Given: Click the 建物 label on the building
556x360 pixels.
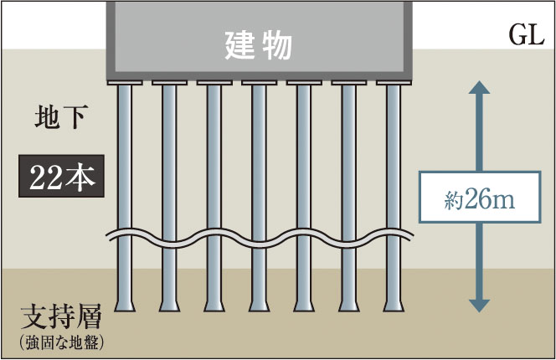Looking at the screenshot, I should click(x=259, y=44).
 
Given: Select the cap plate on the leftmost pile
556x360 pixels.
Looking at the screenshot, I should click(x=125, y=83).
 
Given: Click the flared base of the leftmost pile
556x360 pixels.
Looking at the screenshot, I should click(x=125, y=303).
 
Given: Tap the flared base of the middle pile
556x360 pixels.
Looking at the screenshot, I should click(x=259, y=303).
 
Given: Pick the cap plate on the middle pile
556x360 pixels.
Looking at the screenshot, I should click(x=259, y=83).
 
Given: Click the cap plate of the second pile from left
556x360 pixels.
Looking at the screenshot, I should click(x=169, y=83).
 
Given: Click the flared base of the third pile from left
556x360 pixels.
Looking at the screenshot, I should click(x=214, y=303).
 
